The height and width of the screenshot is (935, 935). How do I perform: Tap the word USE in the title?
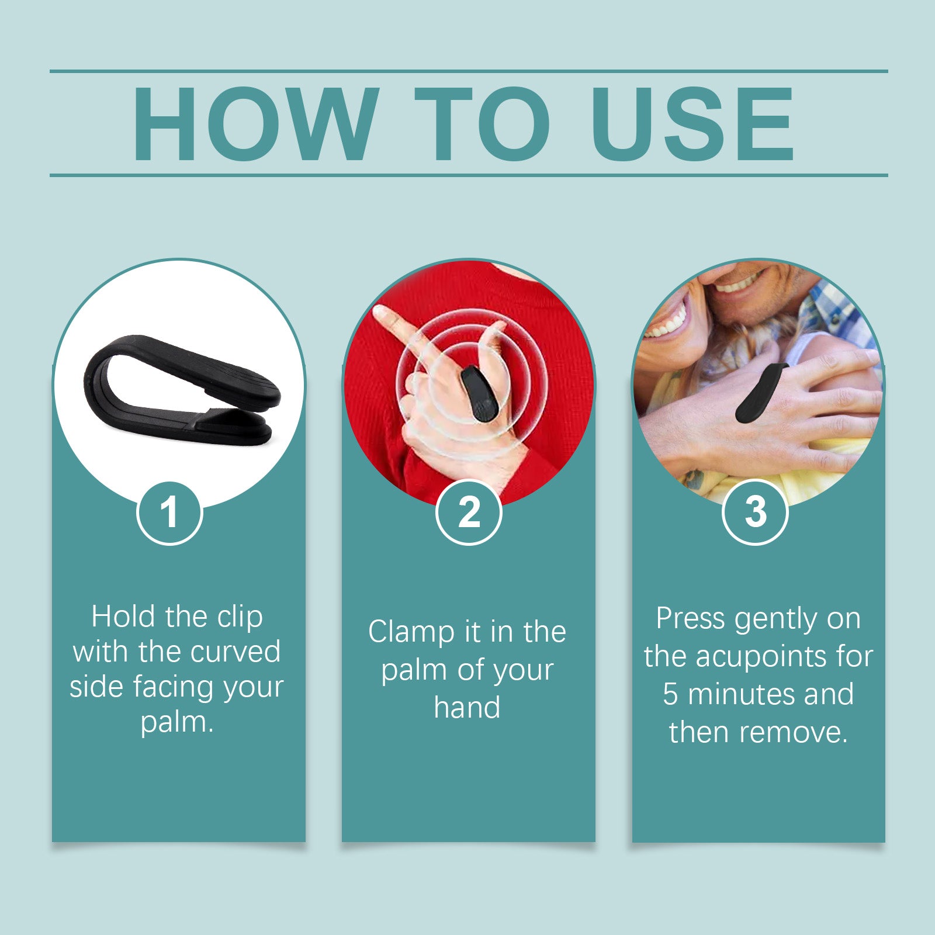pyautogui.click(x=692, y=124)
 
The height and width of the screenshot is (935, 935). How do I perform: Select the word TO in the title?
pyautogui.click(x=483, y=124)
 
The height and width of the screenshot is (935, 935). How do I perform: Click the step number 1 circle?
pyautogui.click(x=169, y=512)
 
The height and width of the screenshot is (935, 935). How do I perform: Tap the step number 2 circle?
pyautogui.click(x=469, y=512)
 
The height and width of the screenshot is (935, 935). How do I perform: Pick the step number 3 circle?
pyautogui.click(x=755, y=512)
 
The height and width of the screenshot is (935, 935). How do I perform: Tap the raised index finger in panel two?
pyautogui.click(x=397, y=330)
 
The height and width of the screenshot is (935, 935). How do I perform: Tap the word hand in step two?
pyautogui.click(x=467, y=707)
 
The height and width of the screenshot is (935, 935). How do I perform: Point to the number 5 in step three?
pyautogui.click(x=670, y=694)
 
